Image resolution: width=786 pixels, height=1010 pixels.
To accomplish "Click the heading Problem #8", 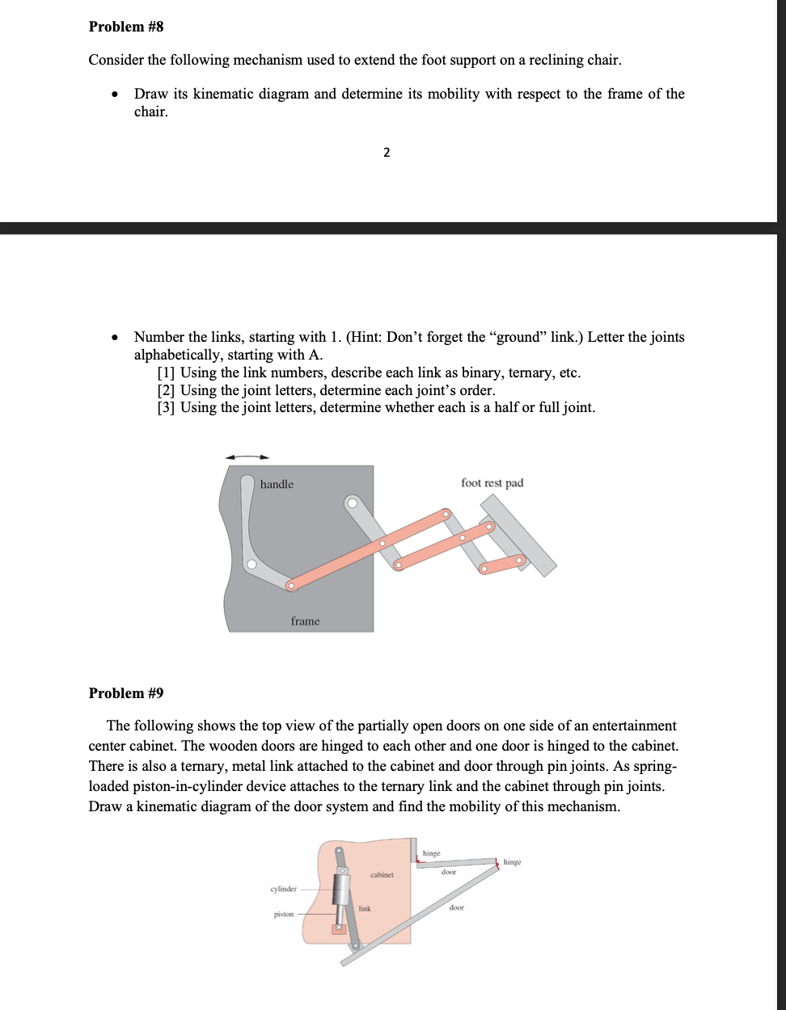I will pyautogui.click(x=126, y=27).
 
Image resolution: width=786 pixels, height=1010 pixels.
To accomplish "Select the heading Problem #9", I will pyautogui.click(x=126, y=693).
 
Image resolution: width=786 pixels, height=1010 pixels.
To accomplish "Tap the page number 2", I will pyautogui.click(x=387, y=153).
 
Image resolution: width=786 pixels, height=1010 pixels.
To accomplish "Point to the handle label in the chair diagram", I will pyautogui.click(x=277, y=484).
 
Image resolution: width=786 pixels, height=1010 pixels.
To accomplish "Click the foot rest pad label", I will pyautogui.click(x=492, y=483).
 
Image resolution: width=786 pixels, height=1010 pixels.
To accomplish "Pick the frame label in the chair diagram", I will pyautogui.click(x=305, y=621).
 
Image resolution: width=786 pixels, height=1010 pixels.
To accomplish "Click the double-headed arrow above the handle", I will pyautogui.click(x=247, y=457).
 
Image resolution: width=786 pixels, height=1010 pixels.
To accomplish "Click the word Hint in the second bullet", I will pyautogui.click(x=366, y=337).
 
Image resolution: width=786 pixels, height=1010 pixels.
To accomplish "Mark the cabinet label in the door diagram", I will pyautogui.click(x=382, y=875).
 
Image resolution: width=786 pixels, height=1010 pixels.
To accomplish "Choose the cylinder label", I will pyautogui.click(x=283, y=889).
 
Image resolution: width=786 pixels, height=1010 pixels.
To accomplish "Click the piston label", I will pyautogui.click(x=284, y=915).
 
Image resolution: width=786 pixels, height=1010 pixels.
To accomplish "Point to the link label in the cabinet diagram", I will pyautogui.click(x=365, y=909).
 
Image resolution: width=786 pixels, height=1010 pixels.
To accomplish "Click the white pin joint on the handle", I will pyautogui.click(x=251, y=564).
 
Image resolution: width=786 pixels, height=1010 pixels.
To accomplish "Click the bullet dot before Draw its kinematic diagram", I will pyautogui.click(x=116, y=95).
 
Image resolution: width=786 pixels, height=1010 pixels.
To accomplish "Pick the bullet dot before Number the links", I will pyautogui.click(x=116, y=338).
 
